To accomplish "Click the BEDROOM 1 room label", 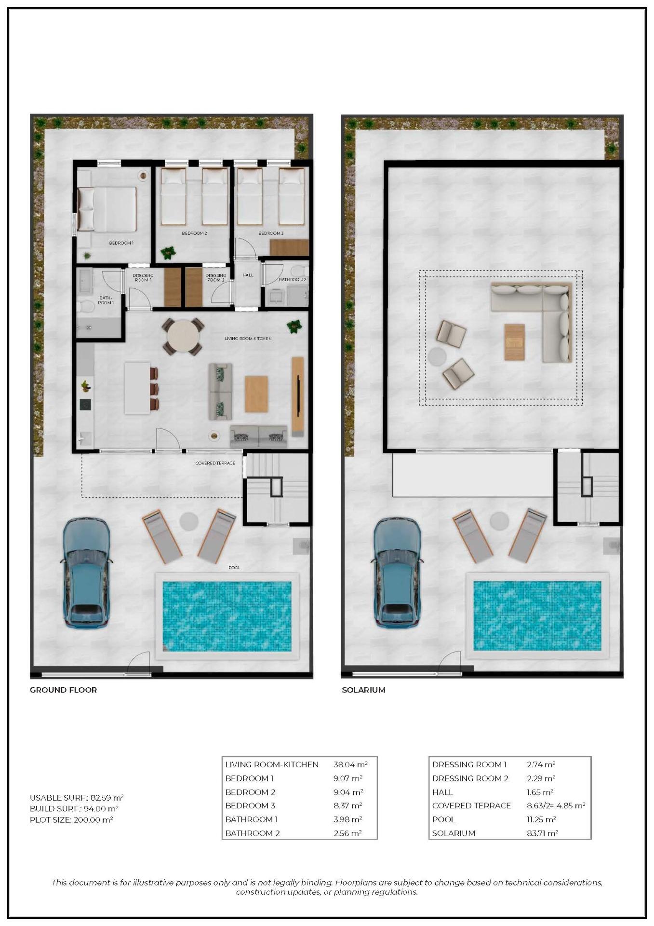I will pyautogui.click(x=121, y=243).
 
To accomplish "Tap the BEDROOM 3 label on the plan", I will pyautogui.click(x=271, y=233).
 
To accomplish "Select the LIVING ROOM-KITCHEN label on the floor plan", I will pyautogui.click(x=248, y=339).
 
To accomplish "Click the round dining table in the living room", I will pyautogui.click(x=183, y=336).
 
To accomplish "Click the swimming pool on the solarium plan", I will pyautogui.click(x=537, y=615).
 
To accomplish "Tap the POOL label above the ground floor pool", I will pyautogui.click(x=234, y=568).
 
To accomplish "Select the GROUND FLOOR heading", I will pyautogui.click(x=63, y=690).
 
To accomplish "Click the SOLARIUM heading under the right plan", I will pyautogui.click(x=363, y=690).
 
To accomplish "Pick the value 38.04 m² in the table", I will pyautogui.click(x=350, y=764).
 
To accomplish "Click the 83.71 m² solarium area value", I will pyautogui.click(x=542, y=833).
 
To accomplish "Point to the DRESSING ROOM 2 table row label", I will pyautogui.click(x=470, y=778).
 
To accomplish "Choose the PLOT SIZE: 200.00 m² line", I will pyautogui.click(x=71, y=819).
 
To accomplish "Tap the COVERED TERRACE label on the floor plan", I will pyautogui.click(x=215, y=463).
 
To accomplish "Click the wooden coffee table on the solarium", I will pyautogui.click(x=514, y=342).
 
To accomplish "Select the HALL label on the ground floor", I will pyautogui.click(x=248, y=275).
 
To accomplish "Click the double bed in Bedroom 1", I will pyautogui.click(x=107, y=209).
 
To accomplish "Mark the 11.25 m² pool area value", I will pyautogui.click(x=541, y=819).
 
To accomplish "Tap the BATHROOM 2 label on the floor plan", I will pyautogui.click(x=292, y=280).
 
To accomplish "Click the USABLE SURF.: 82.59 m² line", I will pyautogui.click(x=77, y=798).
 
